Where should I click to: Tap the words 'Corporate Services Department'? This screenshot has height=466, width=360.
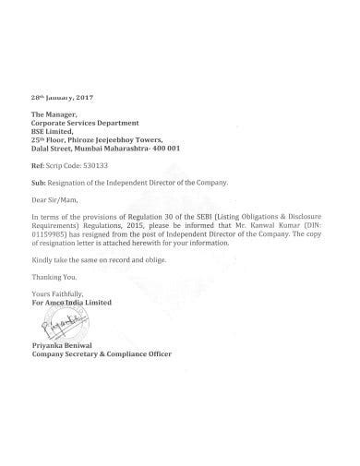pyautogui.click(x=85, y=122)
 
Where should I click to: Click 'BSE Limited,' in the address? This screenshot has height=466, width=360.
pyautogui.click(x=54, y=130)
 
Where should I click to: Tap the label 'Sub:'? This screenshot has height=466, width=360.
pyautogui.click(x=38, y=183)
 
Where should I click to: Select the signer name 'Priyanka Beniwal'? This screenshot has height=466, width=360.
pyautogui.click(x=64, y=344)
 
